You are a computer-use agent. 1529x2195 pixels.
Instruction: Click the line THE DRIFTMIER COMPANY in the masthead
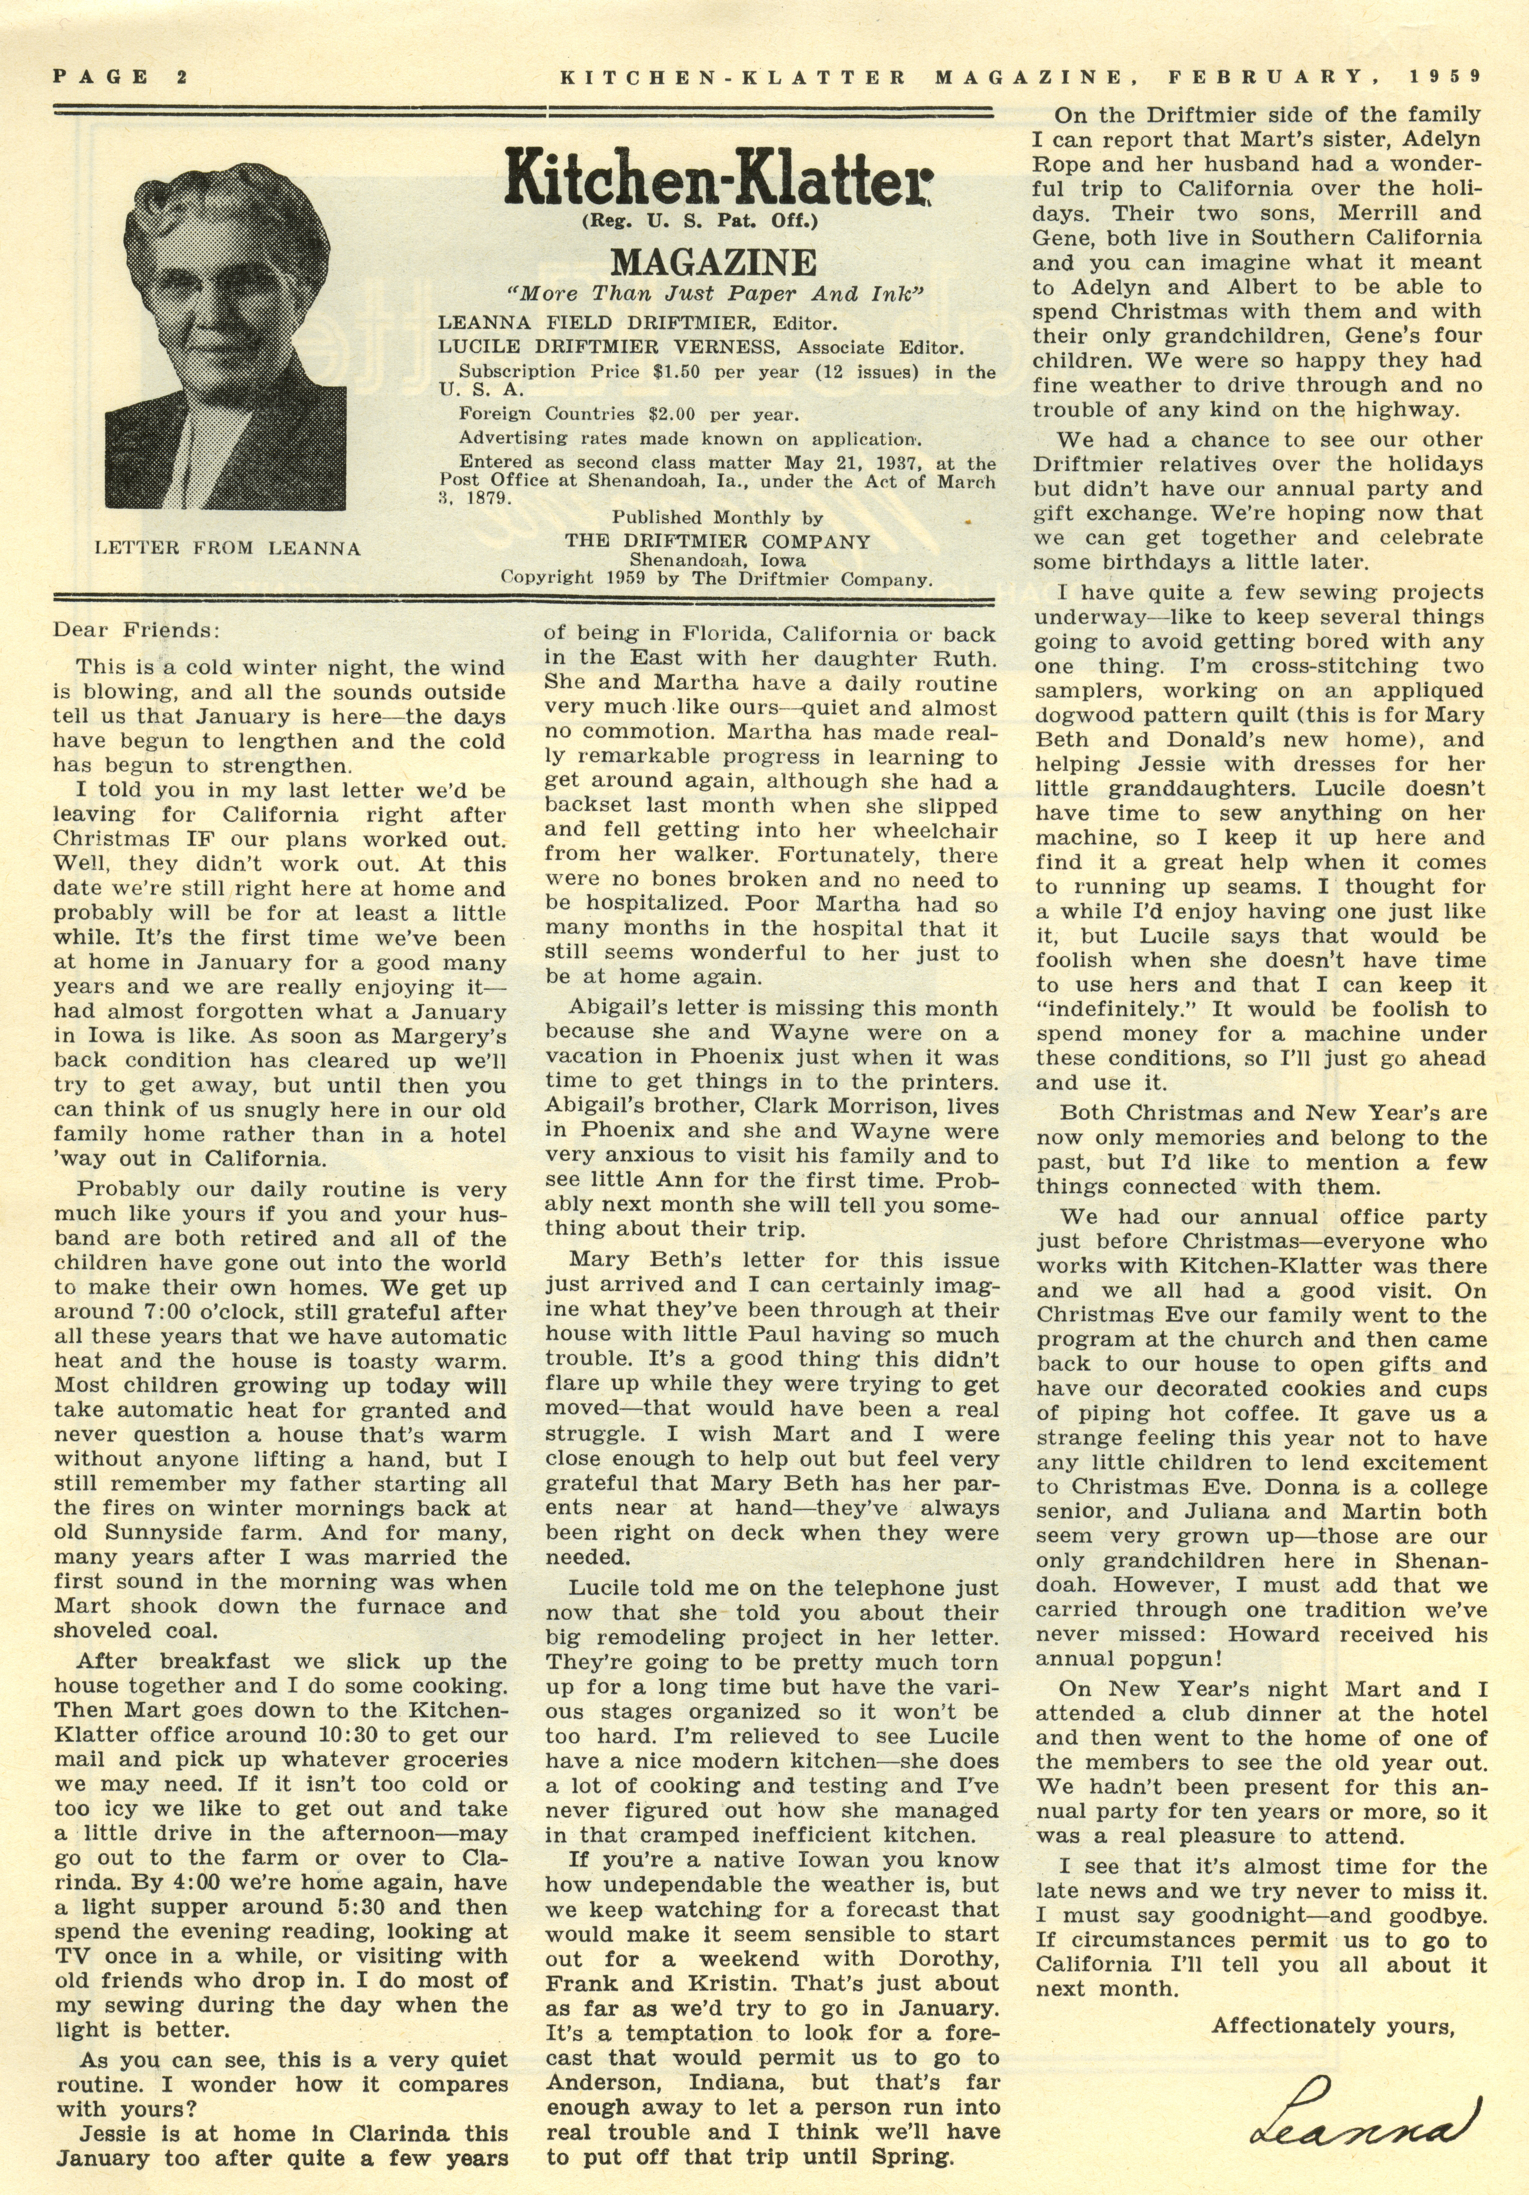pos(717,541)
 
